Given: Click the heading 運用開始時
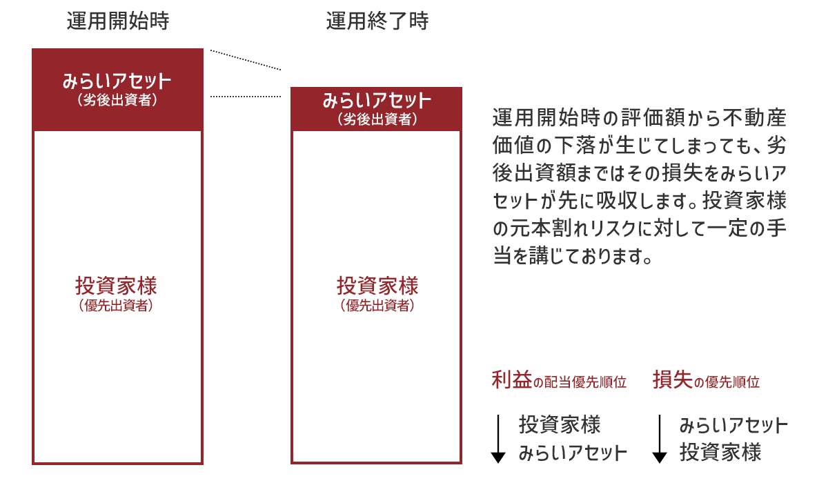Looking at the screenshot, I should pyautogui.click(x=118, y=22).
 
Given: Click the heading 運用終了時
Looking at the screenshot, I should pyautogui.click(x=377, y=22).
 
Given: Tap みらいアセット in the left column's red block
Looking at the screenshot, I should pyautogui.click(x=117, y=81).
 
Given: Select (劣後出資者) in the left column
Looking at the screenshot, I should pyautogui.click(x=117, y=101).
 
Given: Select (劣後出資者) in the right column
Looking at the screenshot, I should pyautogui.click(x=377, y=119).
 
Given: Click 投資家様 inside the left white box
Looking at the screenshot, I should pyautogui.click(x=117, y=286).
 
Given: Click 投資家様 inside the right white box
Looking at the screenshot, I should pyautogui.click(x=377, y=286).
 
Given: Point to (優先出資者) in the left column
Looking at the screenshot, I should pyautogui.click(x=117, y=306).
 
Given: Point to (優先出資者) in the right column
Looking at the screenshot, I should pyautogui.click(x=377, y=306).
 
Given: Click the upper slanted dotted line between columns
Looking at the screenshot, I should pyautogui.click(x=246, y=60).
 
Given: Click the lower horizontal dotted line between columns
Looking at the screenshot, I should pyautogui.click(x=246, y=97).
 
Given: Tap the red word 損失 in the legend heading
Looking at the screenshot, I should pyautogui.click(x=673, y=380).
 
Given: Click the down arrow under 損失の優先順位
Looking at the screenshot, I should pyautogui.click(x=660, y=439).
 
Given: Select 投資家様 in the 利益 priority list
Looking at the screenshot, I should pyautogui.click(x=560, y=424).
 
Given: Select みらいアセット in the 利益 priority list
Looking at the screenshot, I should pyautogui.click(x=573, y=454).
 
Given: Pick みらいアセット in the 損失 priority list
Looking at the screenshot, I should pyautogui.click(x=733, y=424).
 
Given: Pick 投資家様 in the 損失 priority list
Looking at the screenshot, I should pyautogui.click(x=720, y=454).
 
